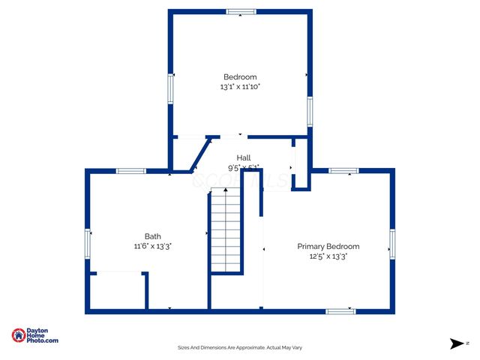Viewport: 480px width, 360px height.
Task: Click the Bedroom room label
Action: point(240,76)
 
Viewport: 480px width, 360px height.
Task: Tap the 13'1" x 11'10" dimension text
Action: point(240,87)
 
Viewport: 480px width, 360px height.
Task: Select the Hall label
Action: point(244,157)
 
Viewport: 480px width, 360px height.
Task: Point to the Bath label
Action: point(152,235)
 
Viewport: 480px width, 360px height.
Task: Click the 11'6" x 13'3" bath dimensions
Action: point(152,246)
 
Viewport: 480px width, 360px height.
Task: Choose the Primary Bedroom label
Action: point(328,246)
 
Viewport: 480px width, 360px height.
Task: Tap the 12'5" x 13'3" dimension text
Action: point(328,256)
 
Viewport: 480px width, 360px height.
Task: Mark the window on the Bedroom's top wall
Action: point(241,11)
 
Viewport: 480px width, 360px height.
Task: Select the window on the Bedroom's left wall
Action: point(169,89)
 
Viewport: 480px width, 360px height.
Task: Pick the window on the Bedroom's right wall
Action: point(309,111)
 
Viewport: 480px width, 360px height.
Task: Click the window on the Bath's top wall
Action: point(130,171)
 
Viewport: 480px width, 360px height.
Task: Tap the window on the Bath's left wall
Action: point(88,244)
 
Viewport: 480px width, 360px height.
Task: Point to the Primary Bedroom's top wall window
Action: point(343,171)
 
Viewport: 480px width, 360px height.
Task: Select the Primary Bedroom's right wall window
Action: point(392,244)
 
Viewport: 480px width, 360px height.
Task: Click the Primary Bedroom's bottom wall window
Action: point(340,310)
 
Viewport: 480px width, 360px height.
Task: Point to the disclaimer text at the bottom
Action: point(239,347)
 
